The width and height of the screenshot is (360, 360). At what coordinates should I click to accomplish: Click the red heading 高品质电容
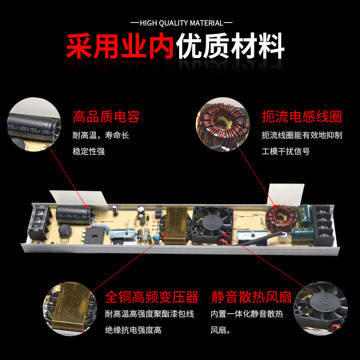pyautogui.click(x=106, y=117)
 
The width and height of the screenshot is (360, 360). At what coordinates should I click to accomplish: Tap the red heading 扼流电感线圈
pyautogui.click(x=302, y=117)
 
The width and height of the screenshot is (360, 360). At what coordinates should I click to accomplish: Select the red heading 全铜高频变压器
pyautogui.click(x=152, y=297)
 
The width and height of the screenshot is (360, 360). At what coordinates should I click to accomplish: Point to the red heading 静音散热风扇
pyautogui.click(x=252, y=297)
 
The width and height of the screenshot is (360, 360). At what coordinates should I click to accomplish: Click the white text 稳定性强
pyautogui.click(x=89, y=152)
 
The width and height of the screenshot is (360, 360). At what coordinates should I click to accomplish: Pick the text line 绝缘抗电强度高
pyautogui.click(x=133, y=330)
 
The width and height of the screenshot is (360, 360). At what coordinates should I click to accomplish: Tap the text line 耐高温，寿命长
pyautogui.click(x=101, y=135)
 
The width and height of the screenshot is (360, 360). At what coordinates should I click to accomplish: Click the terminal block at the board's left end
pyautogui.click(x=38, y=222)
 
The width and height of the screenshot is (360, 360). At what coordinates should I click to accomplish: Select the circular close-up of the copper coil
pyautogui.click(x=220, y=124)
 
